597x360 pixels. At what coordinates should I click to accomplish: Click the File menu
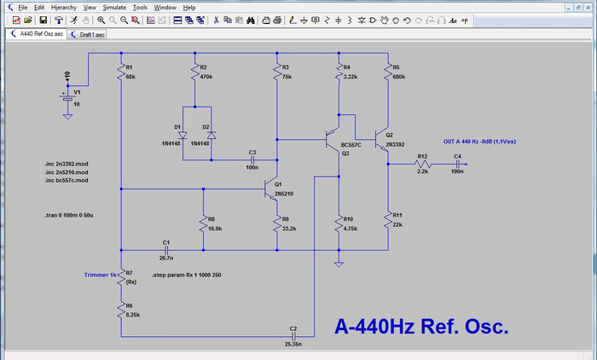pos(22,6)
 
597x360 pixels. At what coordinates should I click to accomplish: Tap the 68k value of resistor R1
pos(130,77)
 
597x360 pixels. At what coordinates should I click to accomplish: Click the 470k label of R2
pos(206,77)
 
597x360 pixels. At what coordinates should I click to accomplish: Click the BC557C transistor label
pos(351,145)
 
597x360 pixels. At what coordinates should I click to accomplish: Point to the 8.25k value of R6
pos(133,315)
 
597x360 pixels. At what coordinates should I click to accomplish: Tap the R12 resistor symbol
pos(422,165)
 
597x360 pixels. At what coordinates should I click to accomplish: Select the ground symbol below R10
pos(339,264)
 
